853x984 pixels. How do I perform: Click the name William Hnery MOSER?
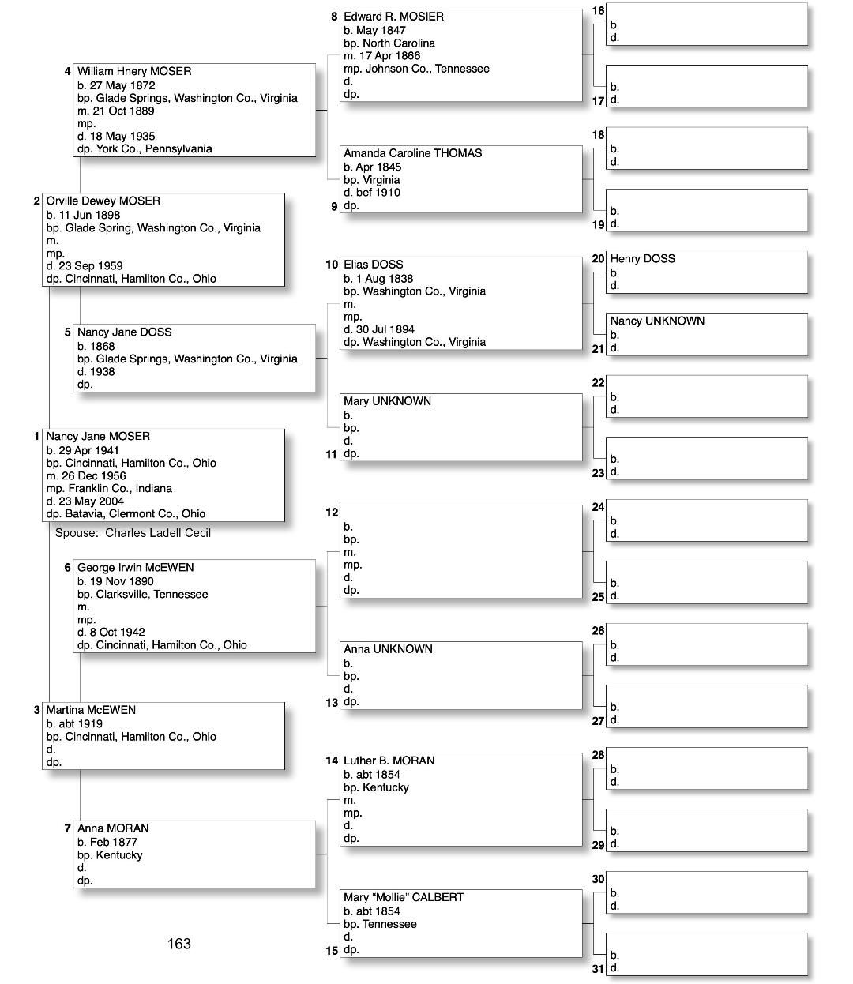click(134, 72)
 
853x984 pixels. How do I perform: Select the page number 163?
click(179, 944)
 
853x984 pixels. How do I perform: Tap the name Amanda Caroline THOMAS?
click(412, 153)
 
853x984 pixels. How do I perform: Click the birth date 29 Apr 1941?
click(89, 450)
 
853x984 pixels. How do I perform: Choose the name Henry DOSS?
click(642, 259)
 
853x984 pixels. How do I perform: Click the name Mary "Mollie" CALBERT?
click(404, 898)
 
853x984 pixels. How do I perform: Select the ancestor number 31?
click(598, 969)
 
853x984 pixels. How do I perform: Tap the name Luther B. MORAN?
click(389, 761)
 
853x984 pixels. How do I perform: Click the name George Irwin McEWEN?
click(135, 568)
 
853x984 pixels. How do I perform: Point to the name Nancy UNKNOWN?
click(657, 321)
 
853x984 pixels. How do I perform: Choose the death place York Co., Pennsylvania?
click(154, 148)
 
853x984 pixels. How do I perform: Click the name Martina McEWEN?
click(91, 710)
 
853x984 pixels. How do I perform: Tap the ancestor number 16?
click(598, 11)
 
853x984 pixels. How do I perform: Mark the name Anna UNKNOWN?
click(388, 649)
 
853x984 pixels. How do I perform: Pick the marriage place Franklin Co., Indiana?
click(120, 488)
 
